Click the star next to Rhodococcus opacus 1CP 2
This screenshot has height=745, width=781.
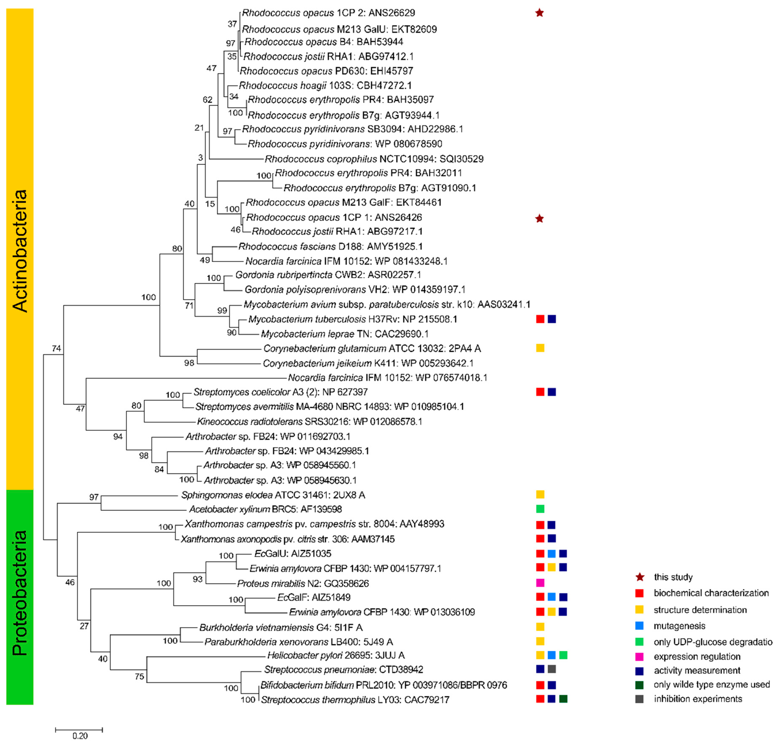539,13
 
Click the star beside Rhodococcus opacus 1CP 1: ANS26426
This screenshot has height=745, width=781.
539,218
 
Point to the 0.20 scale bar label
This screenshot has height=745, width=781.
80,736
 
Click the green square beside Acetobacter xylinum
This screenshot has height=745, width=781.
540,509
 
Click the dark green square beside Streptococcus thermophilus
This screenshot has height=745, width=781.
563,699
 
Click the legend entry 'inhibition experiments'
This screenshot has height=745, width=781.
698,699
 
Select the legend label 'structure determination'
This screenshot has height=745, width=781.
700,610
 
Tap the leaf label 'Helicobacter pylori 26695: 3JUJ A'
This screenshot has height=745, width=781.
336,655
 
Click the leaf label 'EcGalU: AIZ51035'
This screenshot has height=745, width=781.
292,554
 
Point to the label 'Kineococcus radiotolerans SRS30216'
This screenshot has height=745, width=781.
309,421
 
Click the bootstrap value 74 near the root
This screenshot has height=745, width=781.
56,348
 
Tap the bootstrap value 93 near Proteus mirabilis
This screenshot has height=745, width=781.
197,579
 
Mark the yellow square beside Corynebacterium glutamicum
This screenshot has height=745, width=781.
540,348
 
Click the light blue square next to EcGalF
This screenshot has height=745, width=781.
551,596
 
